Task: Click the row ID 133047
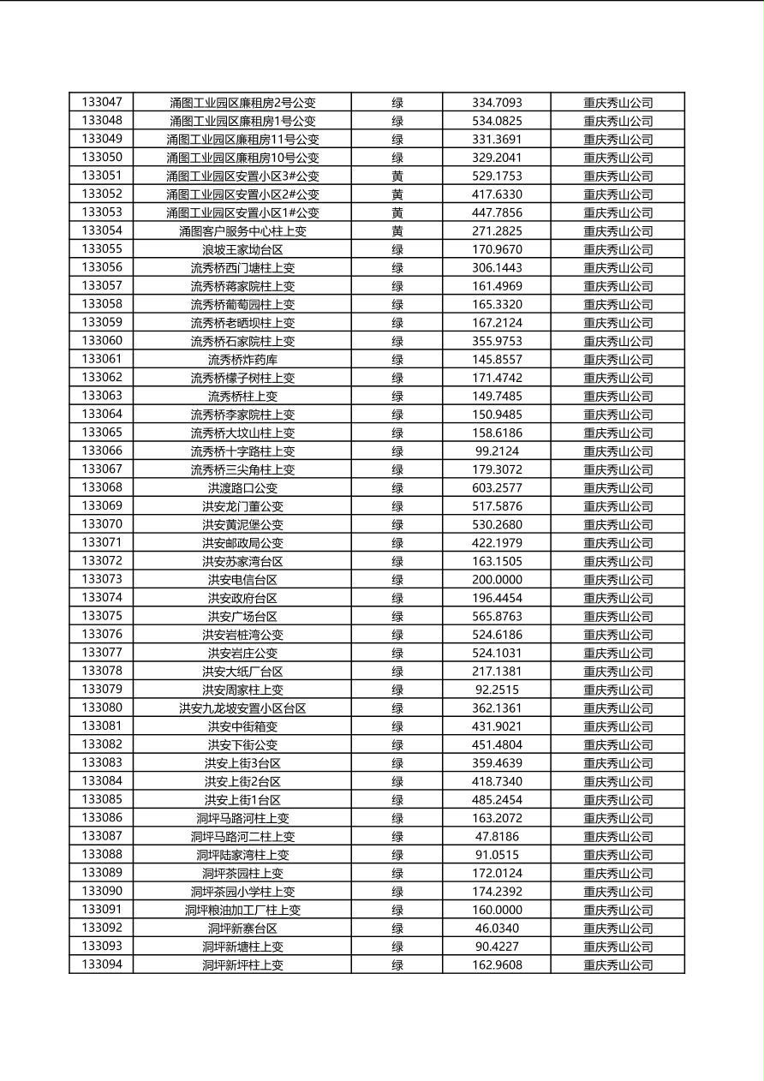[x=102, y=102]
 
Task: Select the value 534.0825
[x=497, y=121]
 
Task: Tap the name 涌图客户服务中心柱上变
[x=242, y=231]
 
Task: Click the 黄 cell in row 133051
[x=397, y=176]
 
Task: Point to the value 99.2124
[x=497, y=451]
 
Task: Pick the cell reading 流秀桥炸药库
[x=242, y=360]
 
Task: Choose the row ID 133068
[x=102, y=487]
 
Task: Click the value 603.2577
[x=497, y=488]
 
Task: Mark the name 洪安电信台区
[x=242, y=580]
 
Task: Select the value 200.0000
[x=497, y=580]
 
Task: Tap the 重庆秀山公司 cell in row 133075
[x=618, y=617]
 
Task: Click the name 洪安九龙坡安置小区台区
[x=242, y=708]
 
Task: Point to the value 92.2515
[x=497, y=690]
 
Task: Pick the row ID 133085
[x=102, y=799]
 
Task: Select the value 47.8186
[x=497, y=837]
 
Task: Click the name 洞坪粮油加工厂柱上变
[x=242, y=911]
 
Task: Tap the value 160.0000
[x=497, y=911]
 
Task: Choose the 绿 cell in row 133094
[x=397, y=965]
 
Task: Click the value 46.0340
[x=497, y=929]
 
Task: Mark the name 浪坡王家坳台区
[x=242, y=249]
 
